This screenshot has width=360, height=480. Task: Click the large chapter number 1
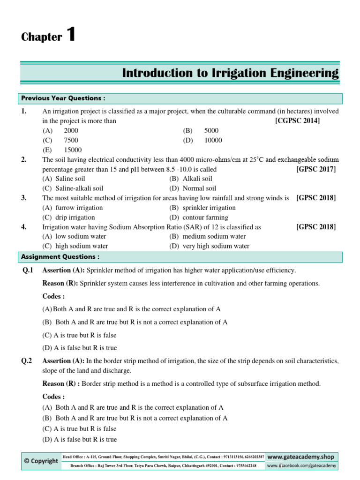point(71,35)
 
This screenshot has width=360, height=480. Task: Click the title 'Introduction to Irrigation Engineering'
point(230,73)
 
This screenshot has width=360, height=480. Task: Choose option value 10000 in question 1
point(213,140)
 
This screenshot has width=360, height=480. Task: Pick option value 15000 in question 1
point(73,150)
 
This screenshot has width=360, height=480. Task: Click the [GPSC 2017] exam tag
point(316,169)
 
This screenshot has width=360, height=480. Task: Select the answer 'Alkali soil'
point(197,179)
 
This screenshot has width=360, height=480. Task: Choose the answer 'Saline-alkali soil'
point(79,188)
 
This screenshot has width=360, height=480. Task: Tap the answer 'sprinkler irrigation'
point(209,208)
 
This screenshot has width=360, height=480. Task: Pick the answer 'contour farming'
point(205,217)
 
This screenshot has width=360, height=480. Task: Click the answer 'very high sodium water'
point(216,246)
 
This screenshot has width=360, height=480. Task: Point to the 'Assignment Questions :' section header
point(60,257)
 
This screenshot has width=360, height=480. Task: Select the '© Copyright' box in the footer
point(41,461)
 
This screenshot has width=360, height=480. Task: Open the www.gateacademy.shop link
point(301,457)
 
